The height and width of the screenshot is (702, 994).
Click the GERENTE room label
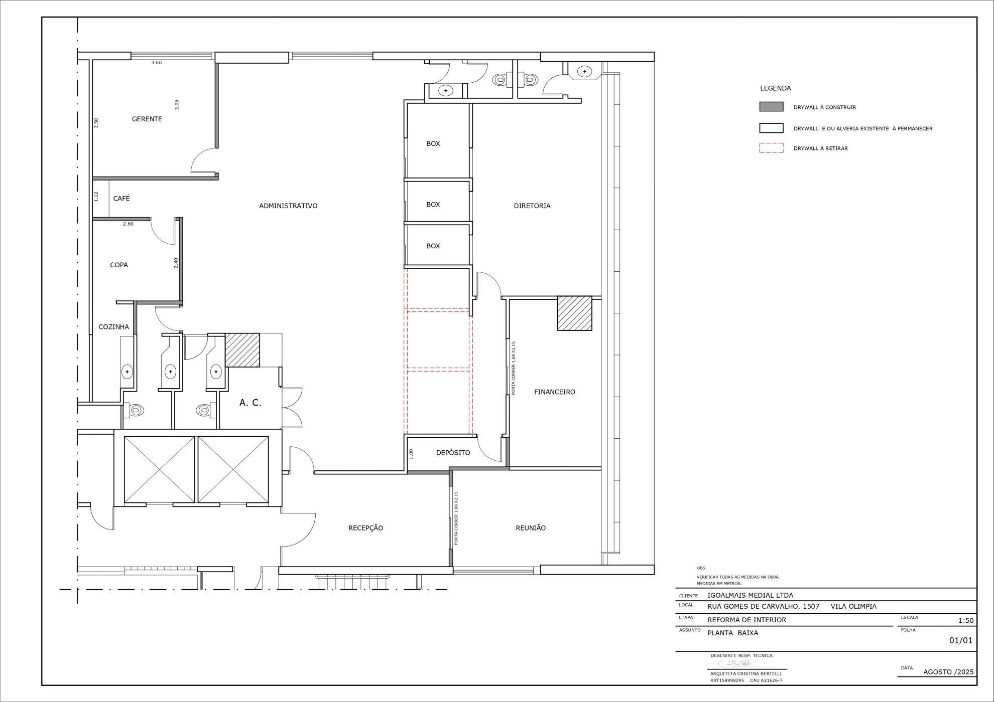147,119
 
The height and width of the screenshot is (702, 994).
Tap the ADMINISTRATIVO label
288,206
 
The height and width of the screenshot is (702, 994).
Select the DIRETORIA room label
532,206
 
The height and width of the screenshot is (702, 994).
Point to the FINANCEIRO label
555,392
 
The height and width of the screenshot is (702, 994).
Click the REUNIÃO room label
531,528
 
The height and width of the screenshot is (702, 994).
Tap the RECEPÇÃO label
365,528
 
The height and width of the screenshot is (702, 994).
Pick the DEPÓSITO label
453,453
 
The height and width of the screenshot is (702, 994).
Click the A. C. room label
251,403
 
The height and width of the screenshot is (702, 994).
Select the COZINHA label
114,327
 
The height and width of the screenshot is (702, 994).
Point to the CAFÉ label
121,199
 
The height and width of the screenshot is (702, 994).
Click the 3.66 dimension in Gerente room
157,63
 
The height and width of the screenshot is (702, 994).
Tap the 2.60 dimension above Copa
129,224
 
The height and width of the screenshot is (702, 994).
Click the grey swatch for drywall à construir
771,107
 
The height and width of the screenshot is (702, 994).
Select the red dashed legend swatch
771,148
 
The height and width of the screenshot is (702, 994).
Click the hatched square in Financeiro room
575,313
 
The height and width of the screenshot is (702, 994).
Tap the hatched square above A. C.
242,350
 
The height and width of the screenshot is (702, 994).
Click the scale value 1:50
966,620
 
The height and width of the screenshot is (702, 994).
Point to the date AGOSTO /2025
948,672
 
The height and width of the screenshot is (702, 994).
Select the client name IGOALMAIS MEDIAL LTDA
751,595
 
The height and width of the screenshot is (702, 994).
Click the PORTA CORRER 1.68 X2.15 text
513,368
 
